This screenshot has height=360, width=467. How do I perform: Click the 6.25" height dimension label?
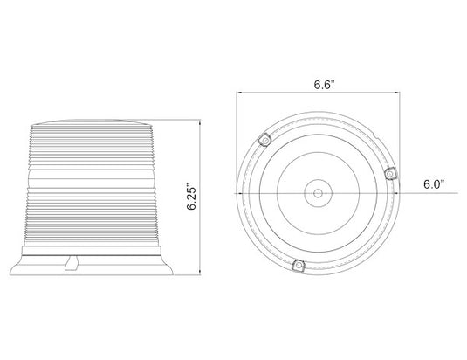click(192, 198)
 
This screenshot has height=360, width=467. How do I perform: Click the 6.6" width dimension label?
click(324, 85)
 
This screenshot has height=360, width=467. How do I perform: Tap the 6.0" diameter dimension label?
click(434, 184)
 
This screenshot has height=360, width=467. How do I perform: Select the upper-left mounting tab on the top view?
click(264, 140)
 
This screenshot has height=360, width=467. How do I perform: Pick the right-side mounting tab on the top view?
click(390, 173)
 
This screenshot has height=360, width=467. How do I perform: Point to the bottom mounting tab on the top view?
click(299, 266)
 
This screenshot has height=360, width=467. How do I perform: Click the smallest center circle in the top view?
click(318, 193)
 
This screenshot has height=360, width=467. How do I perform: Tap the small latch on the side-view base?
click(72, 263)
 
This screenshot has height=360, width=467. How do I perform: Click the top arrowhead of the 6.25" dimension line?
click(200, 121)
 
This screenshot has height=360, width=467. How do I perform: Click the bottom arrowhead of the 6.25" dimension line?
click(200, 273)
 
